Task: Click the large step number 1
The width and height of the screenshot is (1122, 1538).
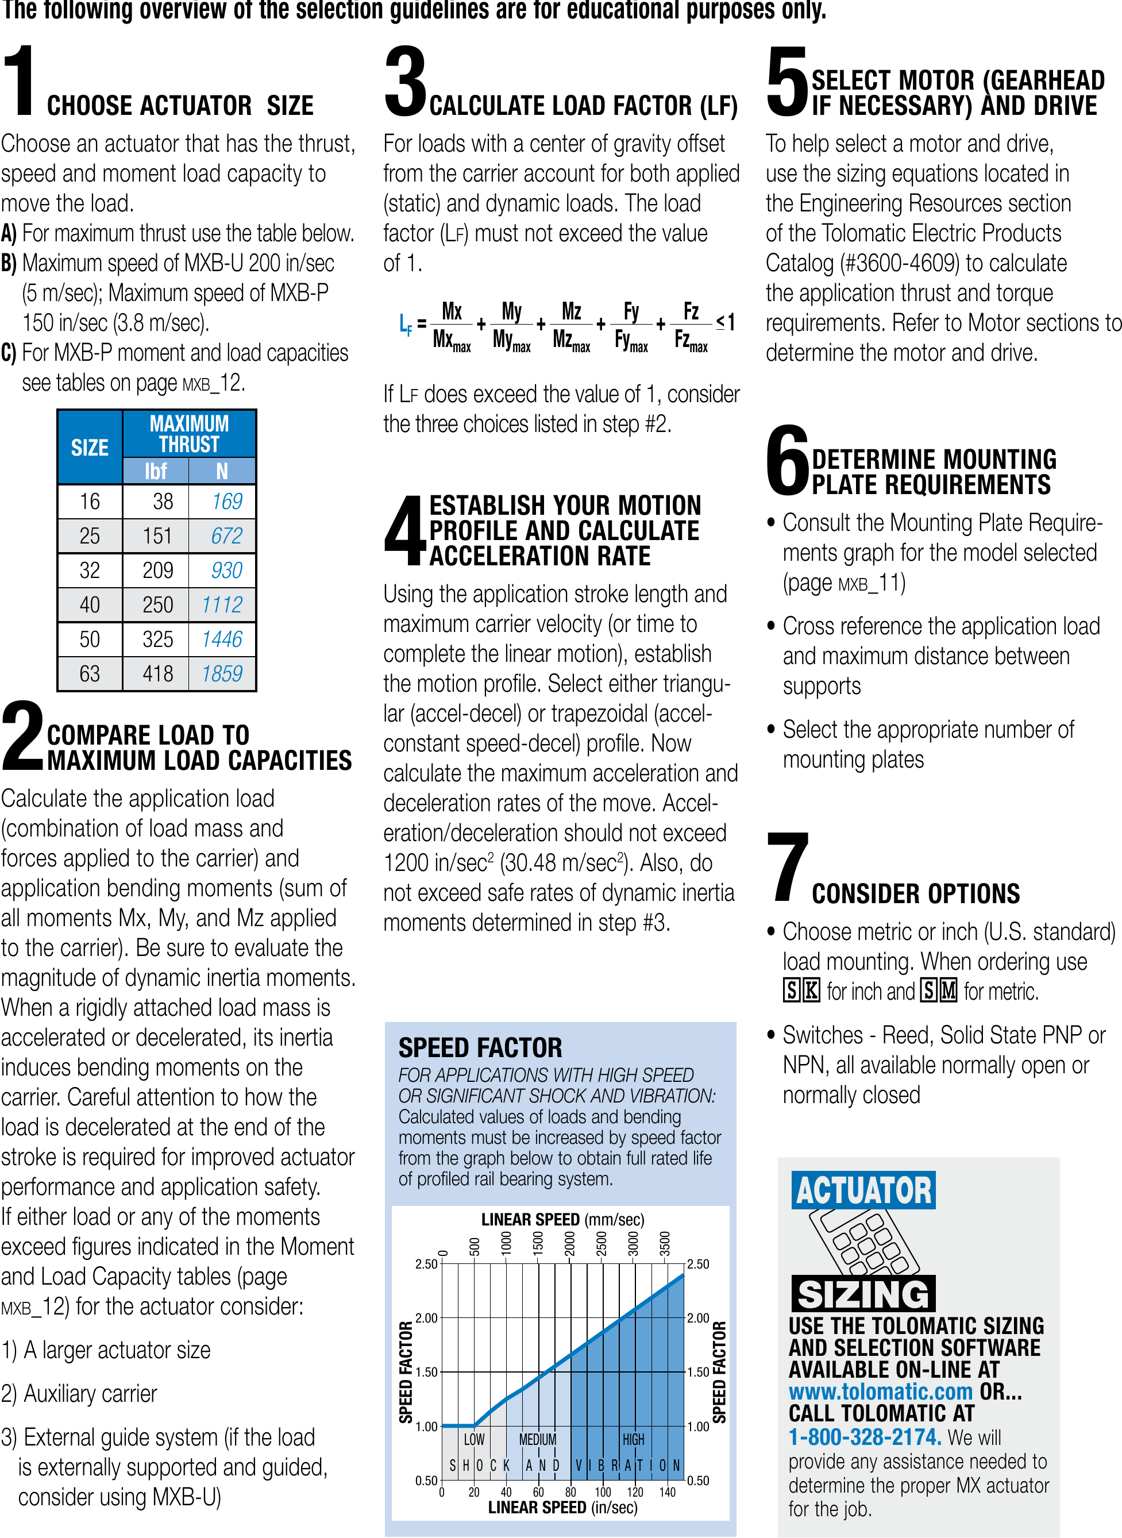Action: (20, 80)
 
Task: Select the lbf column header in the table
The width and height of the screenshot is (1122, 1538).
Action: (156, 471)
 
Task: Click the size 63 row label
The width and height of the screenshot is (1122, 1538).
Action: (90, 673)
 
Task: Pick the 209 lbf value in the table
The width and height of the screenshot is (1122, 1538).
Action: (157, 571)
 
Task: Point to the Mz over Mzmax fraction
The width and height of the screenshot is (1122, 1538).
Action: (571, 326)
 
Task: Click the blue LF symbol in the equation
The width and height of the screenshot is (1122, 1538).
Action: (406, 325)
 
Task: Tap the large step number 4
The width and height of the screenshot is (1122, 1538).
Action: (405, 530)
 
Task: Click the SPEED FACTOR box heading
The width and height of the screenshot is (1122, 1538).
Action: (480, 1048)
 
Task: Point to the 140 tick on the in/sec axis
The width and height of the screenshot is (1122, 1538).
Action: (668, 1492)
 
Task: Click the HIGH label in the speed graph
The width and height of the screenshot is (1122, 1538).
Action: (633, 1439)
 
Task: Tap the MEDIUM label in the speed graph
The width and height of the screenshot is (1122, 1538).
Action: (537, 1439)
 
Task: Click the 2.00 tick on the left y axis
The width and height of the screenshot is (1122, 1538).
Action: (426, 1318)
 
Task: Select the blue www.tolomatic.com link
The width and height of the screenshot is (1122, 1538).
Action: (880, 1391)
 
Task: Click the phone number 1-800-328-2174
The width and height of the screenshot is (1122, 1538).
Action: (864, 1437)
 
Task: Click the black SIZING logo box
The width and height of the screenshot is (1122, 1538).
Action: (863, 1294)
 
